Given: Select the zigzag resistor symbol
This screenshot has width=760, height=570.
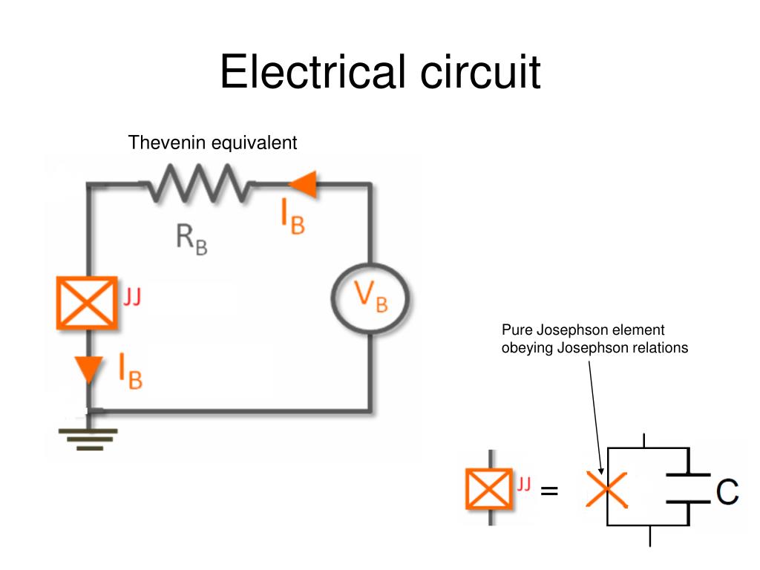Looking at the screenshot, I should click(199, 183).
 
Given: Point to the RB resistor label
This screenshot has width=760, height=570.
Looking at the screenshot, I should click(191, 238).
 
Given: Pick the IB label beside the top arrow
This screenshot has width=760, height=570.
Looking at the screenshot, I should click(292, 218).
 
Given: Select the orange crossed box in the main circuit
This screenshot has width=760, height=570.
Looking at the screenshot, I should click(87, 302).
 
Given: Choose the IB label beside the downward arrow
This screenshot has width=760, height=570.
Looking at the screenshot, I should click(131, 371).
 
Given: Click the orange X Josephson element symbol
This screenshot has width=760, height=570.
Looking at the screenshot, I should click(607, 489).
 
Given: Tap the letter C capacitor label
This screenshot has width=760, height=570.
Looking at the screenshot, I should click(728, 491).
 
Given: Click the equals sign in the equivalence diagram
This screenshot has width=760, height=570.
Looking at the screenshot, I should click(549, 491).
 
